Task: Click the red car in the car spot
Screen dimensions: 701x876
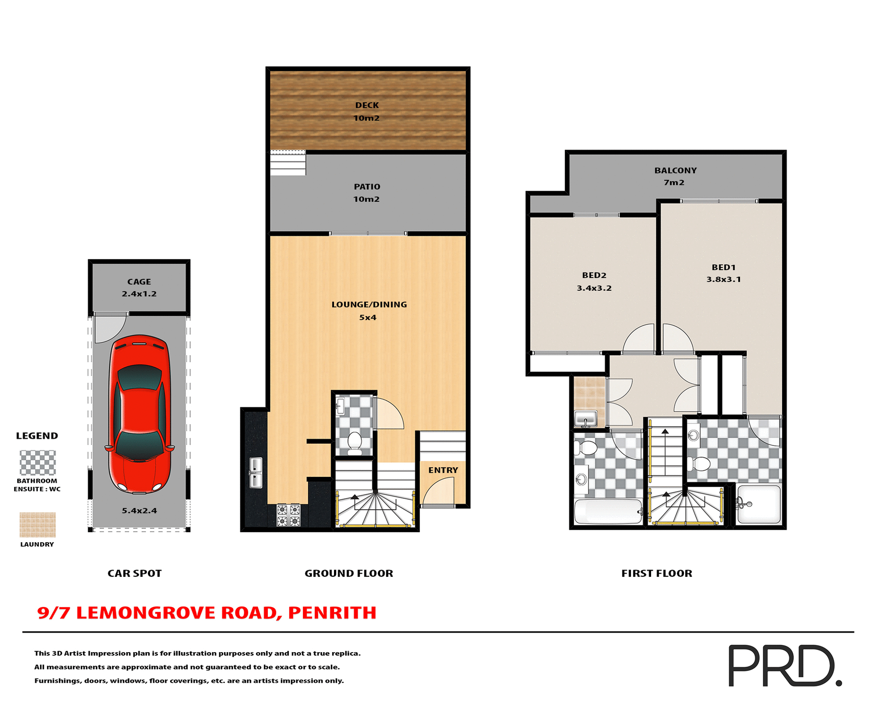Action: (x=139, y=414)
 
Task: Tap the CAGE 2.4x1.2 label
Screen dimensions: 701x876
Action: (x=139, y=288)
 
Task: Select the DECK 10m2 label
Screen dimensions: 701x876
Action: (x=367, y=111)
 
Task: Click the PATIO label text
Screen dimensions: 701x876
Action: (x=367, y=187)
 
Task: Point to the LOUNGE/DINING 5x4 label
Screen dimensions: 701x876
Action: (x=369, y=311)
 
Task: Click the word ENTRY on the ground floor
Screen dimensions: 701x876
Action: (x=443, y=470)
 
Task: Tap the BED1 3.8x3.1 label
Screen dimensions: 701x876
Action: (x=724, y=273)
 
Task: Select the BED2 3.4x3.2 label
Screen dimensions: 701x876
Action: (x=594, y=282)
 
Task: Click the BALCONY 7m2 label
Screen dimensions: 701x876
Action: (x=675, y=176)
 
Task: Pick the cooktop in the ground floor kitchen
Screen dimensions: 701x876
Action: (x=289, y=515)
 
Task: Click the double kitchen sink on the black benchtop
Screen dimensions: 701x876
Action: (x=255, y=472)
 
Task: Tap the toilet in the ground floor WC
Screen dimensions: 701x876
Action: (x=355, y=443)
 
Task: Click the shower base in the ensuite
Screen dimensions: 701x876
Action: (x=759, y=504)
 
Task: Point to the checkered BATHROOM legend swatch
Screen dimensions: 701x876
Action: (x=37, y=462)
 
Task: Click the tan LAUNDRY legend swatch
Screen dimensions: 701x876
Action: (x=37, y=524)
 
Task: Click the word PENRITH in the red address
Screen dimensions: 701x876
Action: (x=332, y=613)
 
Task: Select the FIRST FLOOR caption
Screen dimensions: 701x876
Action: (x=656, y=573)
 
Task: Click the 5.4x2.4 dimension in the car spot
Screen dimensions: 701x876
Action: (x=139, y=511)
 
